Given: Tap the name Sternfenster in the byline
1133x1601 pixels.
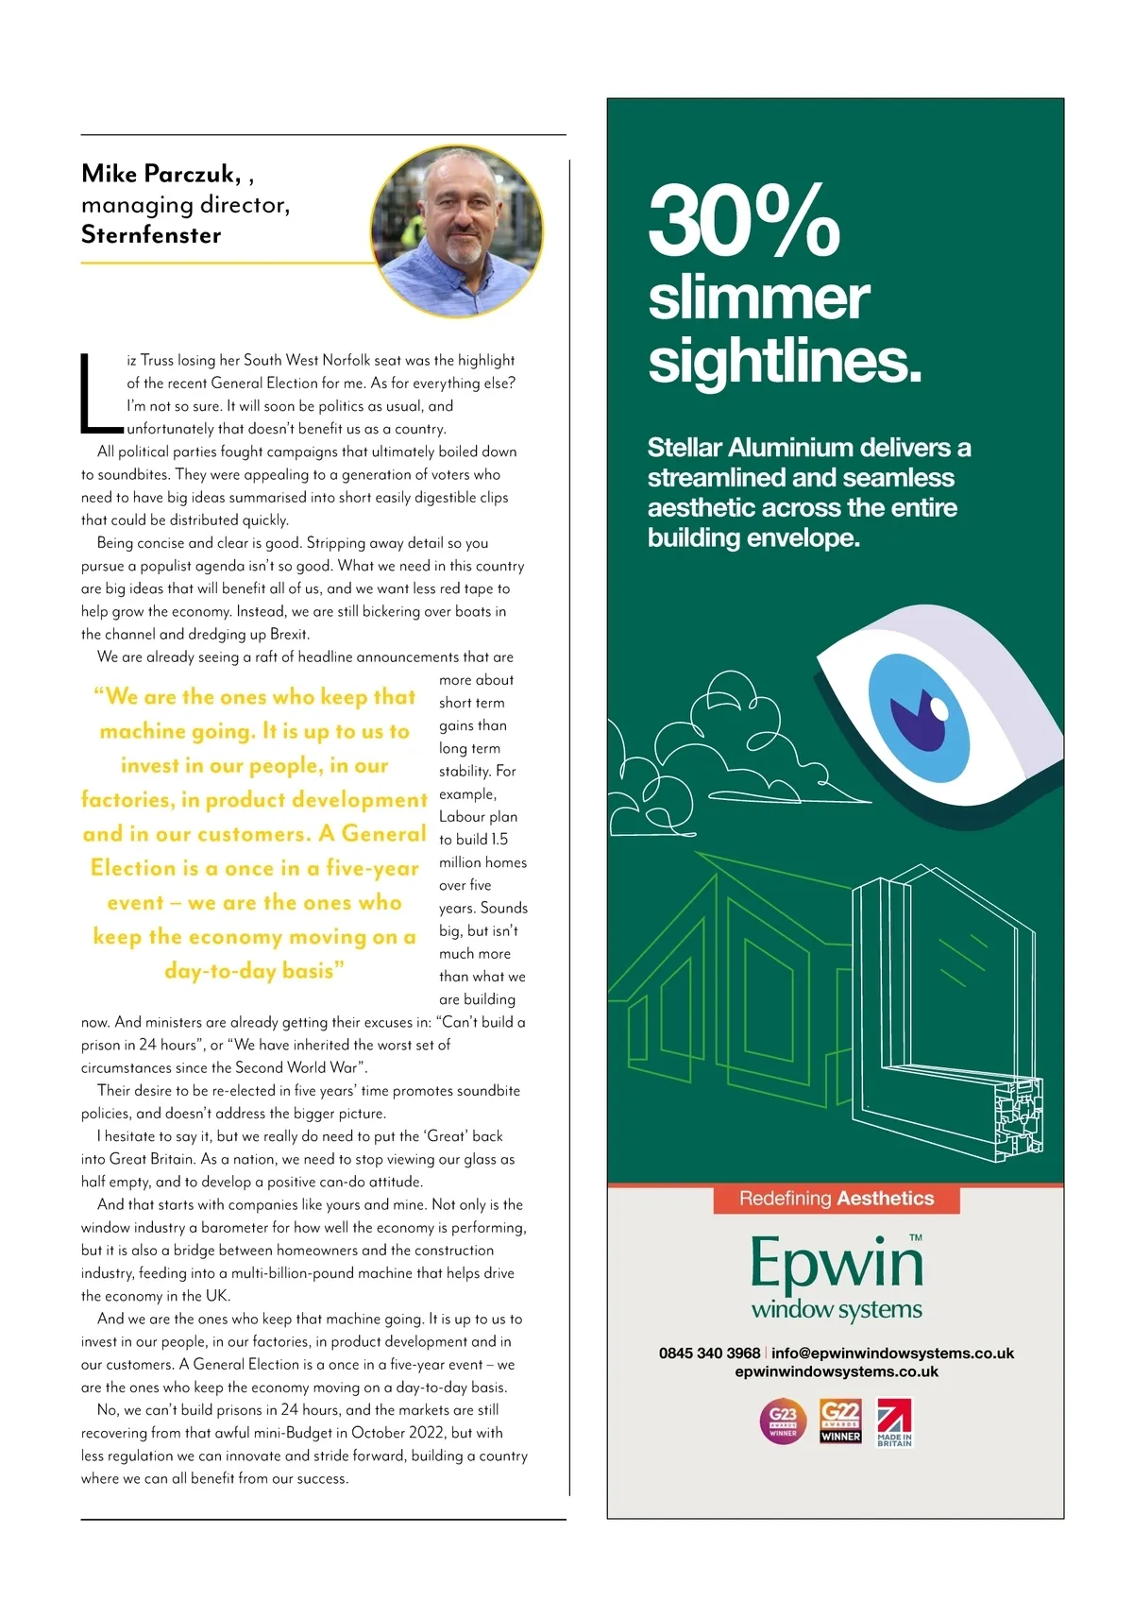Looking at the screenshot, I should [x=151, y=235].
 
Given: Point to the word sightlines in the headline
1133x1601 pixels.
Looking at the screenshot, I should [x=784, y=361].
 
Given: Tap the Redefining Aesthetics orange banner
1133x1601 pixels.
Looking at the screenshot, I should [x=836, y=1199].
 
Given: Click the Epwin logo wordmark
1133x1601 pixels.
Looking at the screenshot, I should [x=836, y=1263].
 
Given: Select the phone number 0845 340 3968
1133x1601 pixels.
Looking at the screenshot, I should [x=709, y=1353].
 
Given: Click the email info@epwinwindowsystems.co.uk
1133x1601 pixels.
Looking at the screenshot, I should [x=892, y=1353].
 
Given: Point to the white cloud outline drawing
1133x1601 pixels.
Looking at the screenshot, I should [x=718, y=746].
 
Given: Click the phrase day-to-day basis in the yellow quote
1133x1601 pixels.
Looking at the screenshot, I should [x=254, y=971].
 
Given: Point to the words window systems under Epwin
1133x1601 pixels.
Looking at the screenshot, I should [x=837, y=1310].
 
